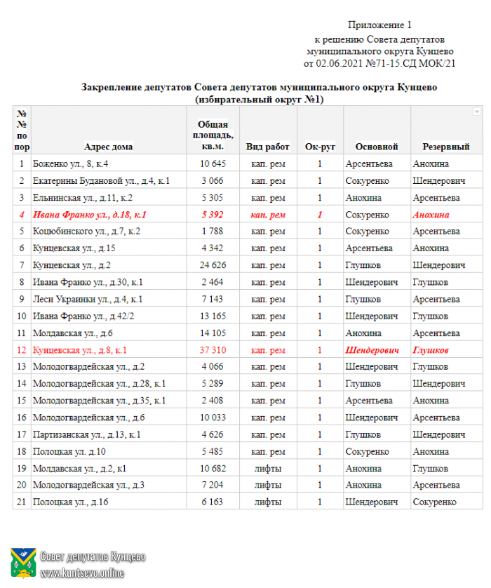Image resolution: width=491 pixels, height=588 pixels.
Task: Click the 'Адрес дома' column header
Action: [x=108, y=147]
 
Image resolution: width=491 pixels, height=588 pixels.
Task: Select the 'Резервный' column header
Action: [x=445, y=147]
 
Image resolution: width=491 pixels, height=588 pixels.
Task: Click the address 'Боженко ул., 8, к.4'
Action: [x=70, y=164]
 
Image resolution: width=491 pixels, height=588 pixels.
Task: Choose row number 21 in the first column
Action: [x=22, y=502]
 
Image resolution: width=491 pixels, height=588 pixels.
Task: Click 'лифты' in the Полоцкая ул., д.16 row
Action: [x=268, y=502]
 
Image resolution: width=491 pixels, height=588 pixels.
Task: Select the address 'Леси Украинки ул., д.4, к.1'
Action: [x=88, y=300]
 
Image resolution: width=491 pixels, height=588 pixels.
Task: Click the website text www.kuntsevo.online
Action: [x=82, y=573]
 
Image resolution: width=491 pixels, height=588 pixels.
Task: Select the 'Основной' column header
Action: [x=377, y=147]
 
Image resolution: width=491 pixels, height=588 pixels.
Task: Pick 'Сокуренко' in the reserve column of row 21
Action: [x=434, y=502]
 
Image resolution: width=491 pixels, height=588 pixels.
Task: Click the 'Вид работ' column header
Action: [x=268, y=147]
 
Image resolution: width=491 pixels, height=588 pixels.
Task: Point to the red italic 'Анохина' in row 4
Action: [x=431, y=215]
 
